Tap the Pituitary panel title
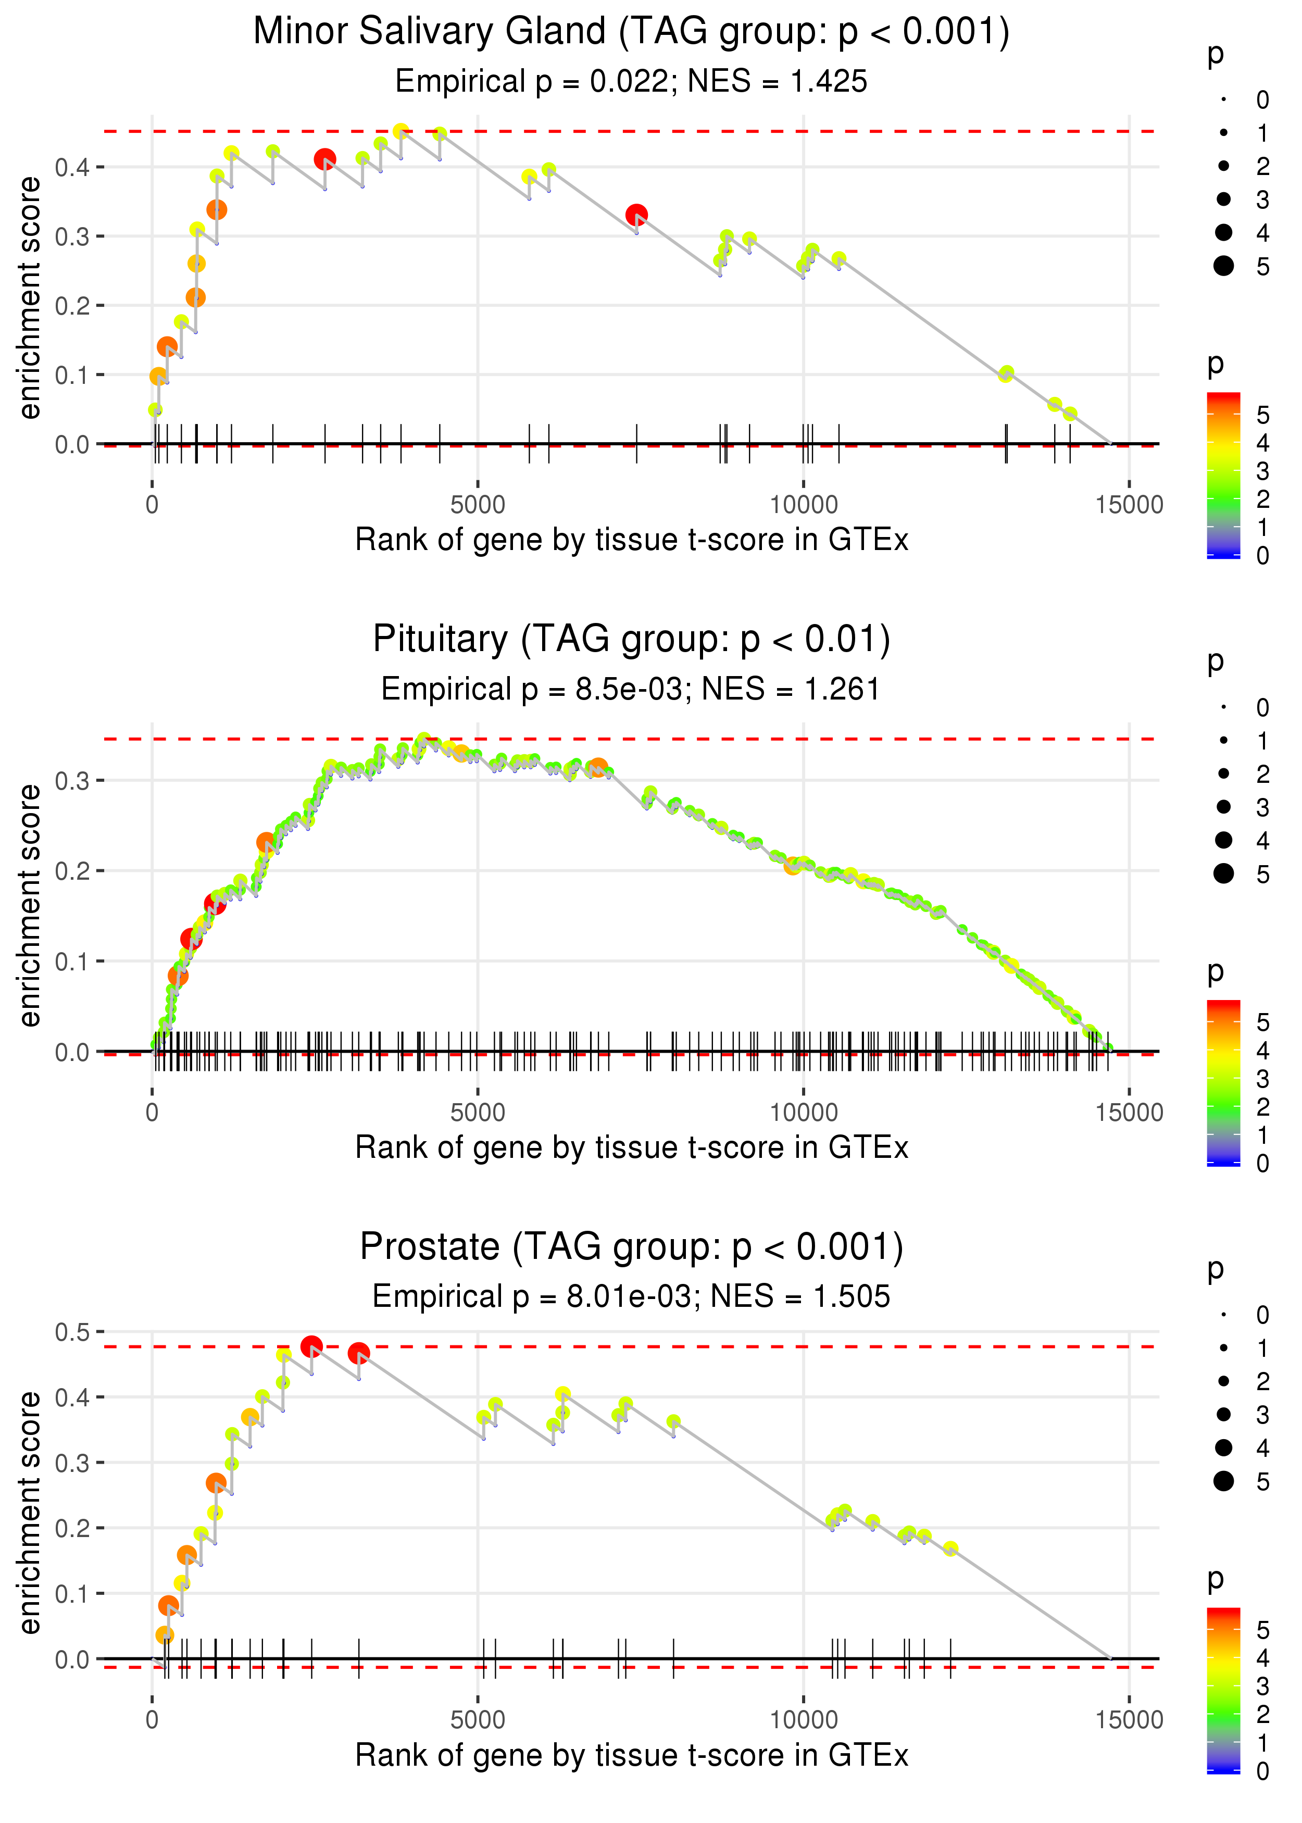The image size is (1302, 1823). coord(632,640)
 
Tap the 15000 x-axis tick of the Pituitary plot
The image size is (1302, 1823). coord(1129,1113)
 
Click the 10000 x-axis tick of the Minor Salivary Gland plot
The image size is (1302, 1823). coord(803,505)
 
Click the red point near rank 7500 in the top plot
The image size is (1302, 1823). coord(636,215)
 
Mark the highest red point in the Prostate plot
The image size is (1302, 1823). coord(312,1346)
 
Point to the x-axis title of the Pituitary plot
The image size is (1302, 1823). coord(632,1148)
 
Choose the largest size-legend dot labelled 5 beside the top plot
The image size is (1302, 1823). coord(1223,265)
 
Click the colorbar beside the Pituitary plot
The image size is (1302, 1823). coord(1223,1083)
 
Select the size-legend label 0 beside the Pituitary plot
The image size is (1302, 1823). coord(1263,708)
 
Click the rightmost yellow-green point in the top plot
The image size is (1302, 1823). coord(1070,414)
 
